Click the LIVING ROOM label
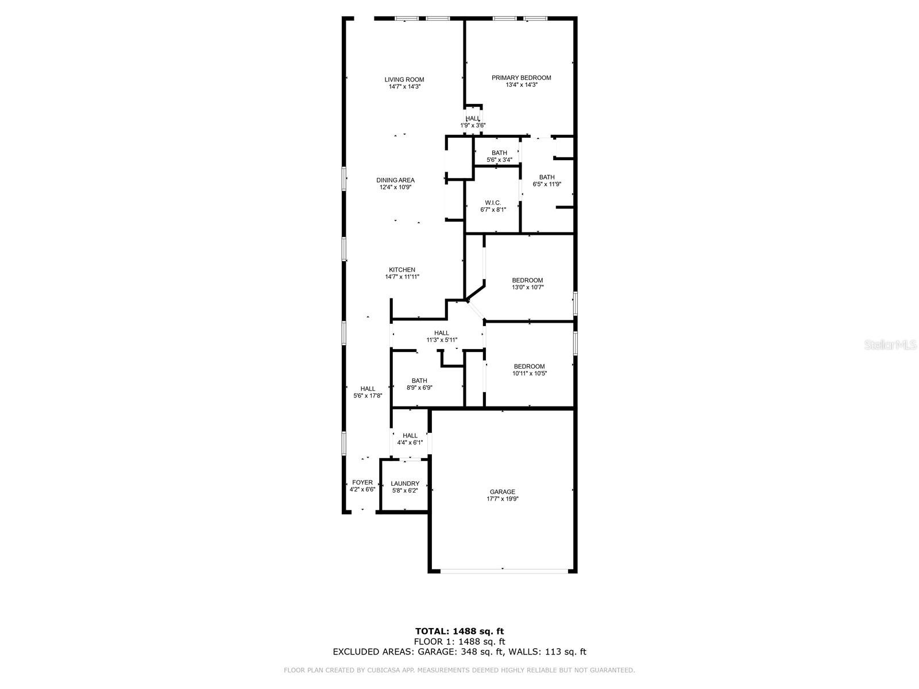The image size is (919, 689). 404,79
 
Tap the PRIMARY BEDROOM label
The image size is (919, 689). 521,78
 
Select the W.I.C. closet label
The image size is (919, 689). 493,203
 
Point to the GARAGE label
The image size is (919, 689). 502,491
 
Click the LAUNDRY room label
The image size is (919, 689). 404,483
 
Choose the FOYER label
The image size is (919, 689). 362,482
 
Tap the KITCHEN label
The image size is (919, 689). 402,269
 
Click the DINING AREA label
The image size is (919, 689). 395,180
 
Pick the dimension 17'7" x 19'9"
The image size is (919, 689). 502,498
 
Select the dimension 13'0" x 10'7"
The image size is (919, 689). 527,287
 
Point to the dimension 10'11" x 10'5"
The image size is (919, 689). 529,373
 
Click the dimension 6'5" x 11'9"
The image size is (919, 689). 546,184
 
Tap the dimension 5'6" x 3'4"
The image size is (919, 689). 499,160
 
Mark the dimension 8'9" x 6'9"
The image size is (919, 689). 419,388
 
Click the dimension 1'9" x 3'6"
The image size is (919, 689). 473,125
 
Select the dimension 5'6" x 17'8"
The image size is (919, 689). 368,396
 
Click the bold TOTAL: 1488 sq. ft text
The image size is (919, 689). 459,631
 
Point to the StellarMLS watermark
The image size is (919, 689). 890,344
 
